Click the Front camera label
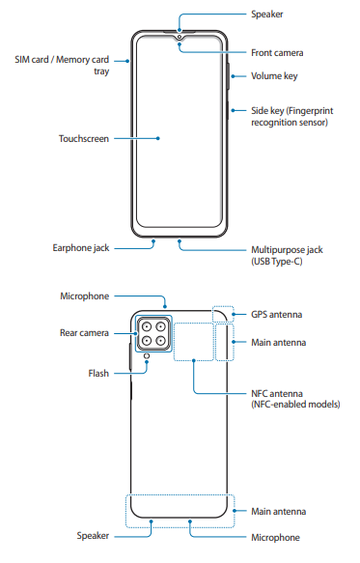(277, 53)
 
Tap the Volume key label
(274, 76)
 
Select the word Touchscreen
(84, 139)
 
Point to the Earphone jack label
(81, 248)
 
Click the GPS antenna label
(276, 315)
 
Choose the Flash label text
(98, 374)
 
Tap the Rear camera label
(84, 333)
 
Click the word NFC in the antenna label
(260, 394)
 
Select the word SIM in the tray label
(22, 60)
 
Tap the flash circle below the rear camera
(147, 355)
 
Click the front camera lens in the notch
(180, 37)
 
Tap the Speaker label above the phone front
(267, 14)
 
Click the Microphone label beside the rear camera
(84, 296)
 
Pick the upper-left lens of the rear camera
(147, 326)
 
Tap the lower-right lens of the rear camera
(161, 340)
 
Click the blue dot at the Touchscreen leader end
(158, 139)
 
